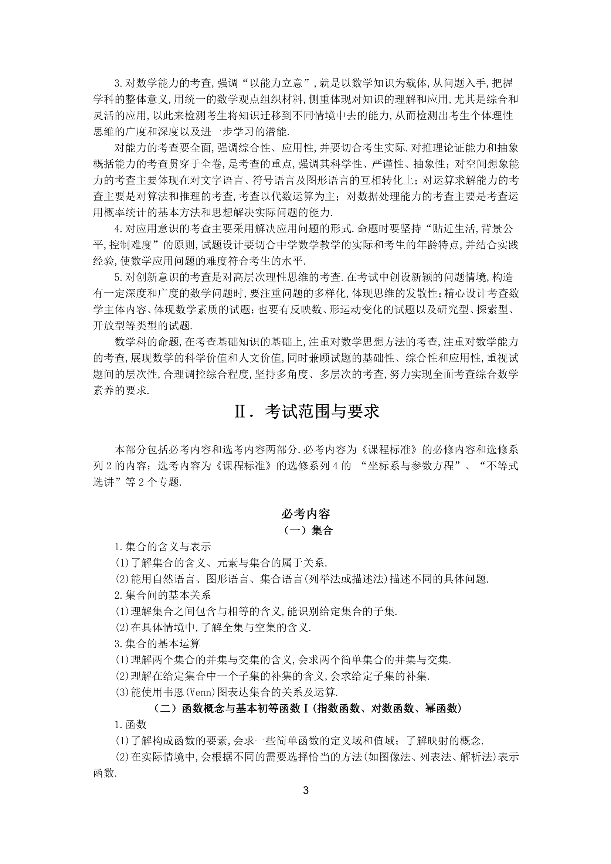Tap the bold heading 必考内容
pos(306,514)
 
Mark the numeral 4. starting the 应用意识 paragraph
pos(119,229)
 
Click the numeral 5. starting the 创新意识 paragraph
pos(119,278)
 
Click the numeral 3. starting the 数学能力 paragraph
pos(119,83)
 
